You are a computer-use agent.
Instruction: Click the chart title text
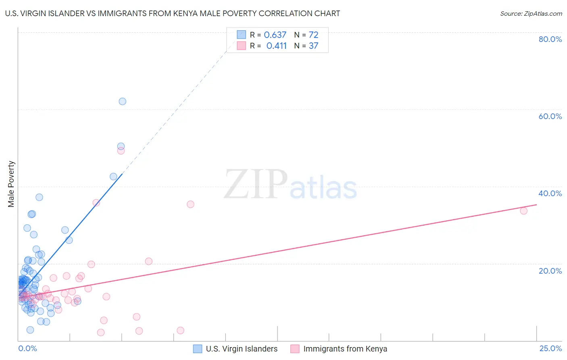coord(173,13)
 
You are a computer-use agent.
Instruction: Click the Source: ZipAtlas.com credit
coord(531,13)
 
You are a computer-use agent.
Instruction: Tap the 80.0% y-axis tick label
coord(550,39)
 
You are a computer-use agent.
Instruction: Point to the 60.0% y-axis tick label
coord(550,116)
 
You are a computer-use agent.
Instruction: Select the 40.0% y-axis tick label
coord(550,193)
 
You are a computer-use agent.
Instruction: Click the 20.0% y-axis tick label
coord(550,270)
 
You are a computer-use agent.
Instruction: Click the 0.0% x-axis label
coord(27,348)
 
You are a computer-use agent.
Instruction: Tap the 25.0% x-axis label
coord(550,348)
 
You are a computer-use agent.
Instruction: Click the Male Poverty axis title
coord(11,184)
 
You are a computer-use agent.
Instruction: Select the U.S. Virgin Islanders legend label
coord(242,349)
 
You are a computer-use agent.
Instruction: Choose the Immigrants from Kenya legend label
coord(345,349)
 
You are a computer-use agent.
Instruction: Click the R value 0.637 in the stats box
coord(275,35)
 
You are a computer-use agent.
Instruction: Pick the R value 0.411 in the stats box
coord(276,46)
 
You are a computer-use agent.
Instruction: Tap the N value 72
coord(313,35)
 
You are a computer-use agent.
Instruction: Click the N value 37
coord(313,46)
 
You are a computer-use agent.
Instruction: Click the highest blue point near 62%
coord(122,101)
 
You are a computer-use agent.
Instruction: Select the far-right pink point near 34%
coord(523,211)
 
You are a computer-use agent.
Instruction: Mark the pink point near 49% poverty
coord(121,151)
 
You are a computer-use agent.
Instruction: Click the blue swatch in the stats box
coord(241,35)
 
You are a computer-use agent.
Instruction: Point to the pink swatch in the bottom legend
coord(295,349)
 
